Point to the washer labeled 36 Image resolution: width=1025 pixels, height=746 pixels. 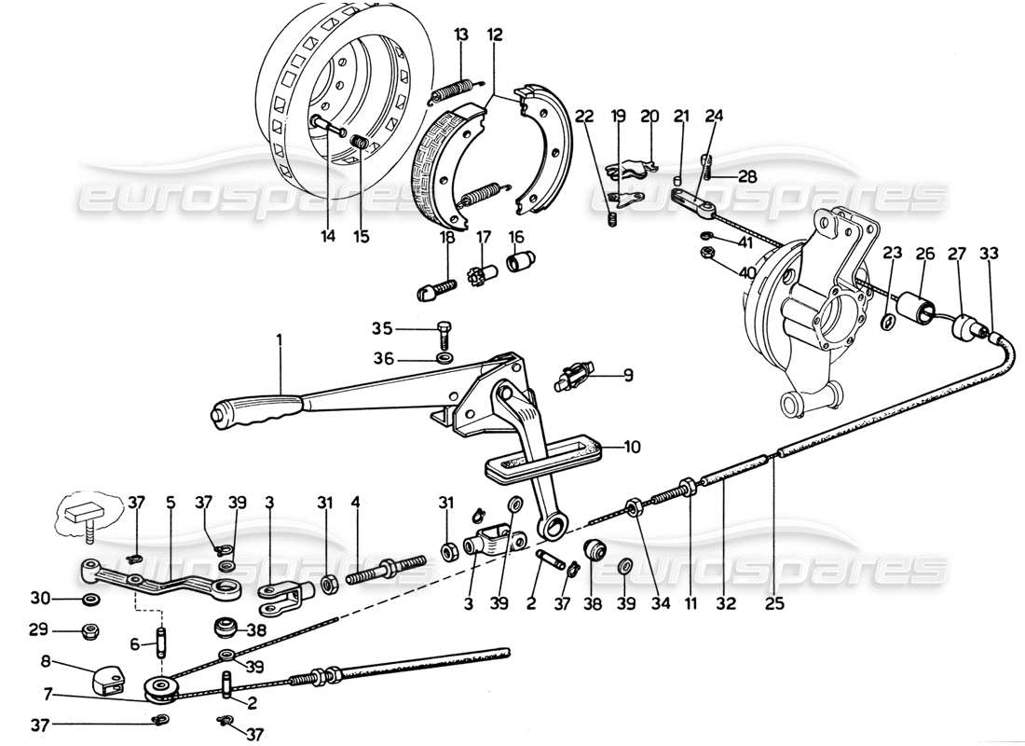tap(444, 358)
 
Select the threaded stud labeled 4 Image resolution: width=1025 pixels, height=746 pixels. tap(384, 567)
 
